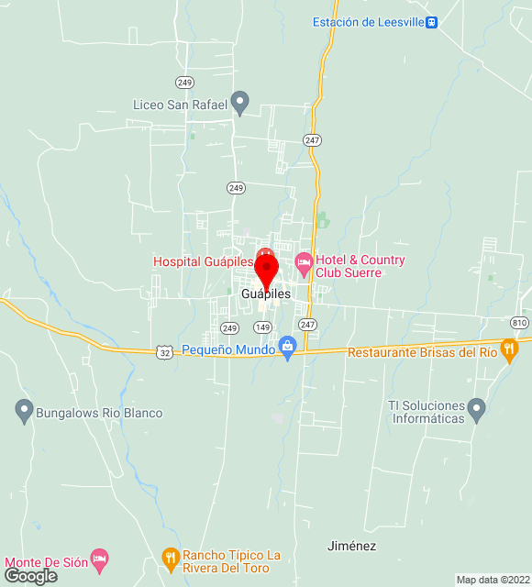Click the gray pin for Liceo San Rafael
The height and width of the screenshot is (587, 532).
[240, 103]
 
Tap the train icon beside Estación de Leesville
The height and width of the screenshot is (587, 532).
[431, 22]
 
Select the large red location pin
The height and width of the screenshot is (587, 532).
[266, 272]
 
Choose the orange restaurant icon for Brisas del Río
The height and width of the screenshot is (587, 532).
[510, 351]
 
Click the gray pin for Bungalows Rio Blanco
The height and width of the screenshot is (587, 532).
[24, 412]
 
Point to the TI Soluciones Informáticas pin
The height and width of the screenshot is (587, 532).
[475, 409]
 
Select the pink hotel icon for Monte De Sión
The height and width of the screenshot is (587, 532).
[101, 559]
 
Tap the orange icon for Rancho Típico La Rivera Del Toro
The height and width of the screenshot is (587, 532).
[170, 557]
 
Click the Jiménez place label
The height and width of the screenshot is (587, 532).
[351, 546]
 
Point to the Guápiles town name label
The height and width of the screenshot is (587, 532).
[266, 294]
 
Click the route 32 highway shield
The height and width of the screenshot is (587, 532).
[164, 352]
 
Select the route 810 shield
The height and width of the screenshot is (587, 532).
[520, 322]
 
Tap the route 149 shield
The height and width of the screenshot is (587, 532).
[262, 327]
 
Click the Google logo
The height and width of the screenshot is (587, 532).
[29, 576]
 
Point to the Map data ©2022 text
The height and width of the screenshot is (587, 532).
[492, 580]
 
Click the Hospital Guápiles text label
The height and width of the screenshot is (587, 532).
[203, 261]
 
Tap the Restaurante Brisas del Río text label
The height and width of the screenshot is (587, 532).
[422, 352]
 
